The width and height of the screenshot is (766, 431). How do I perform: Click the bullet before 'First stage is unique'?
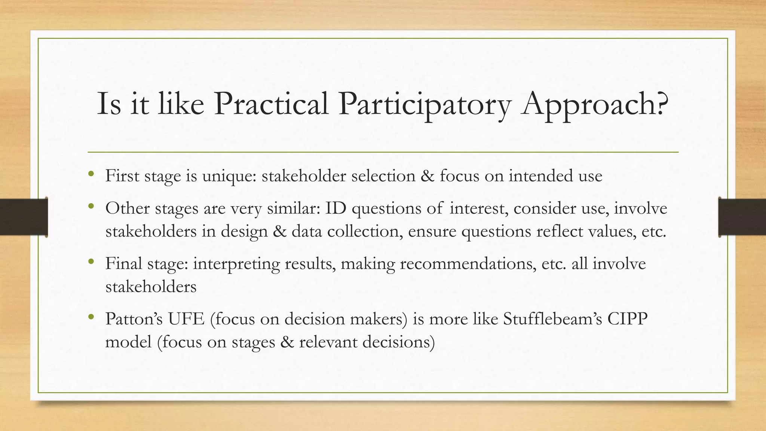click(x=91, y=174)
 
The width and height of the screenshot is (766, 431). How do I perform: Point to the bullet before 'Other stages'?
click(x=91, y=207)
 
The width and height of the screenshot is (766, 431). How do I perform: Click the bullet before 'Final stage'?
click(x=91, y=262)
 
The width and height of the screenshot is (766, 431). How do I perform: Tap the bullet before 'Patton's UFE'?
click(x=91, y=317)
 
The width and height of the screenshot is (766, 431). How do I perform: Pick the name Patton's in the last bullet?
click(x=134, y=319)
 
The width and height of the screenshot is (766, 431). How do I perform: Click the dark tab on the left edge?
click(x=23, y=217)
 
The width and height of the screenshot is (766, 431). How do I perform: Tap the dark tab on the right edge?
click(x=742, y=217)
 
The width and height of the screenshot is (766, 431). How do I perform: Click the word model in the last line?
click(x=128, y=342)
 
